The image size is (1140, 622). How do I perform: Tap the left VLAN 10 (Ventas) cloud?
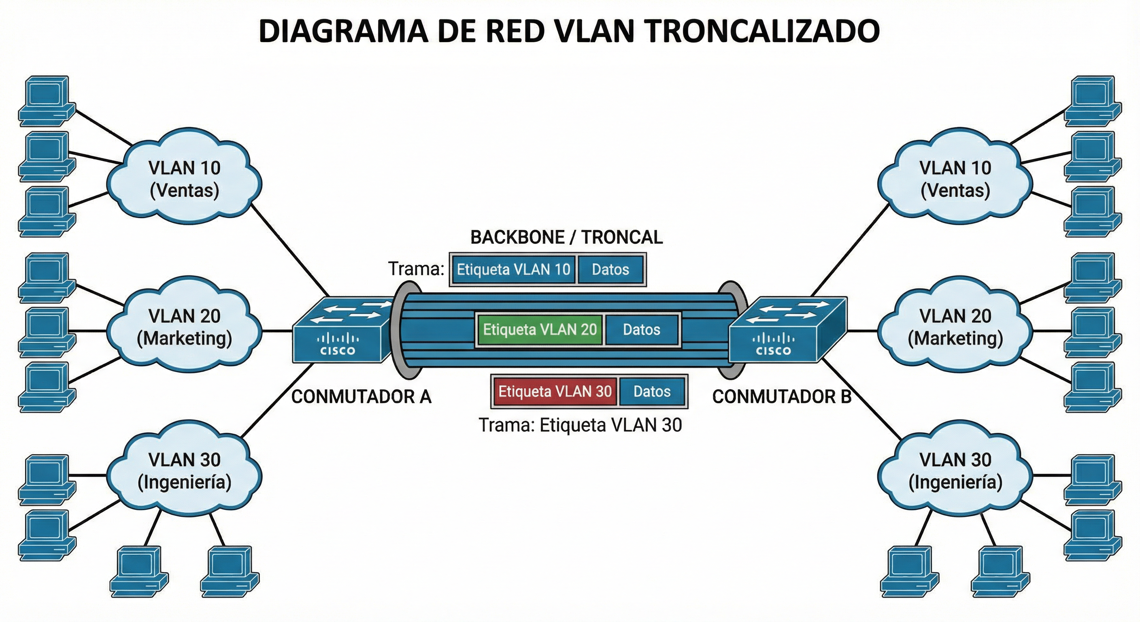tap(184, 179)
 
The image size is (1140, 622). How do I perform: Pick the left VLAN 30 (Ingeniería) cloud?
tap(184, 471)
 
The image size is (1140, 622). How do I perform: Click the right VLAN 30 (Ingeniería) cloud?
tap(955, 471)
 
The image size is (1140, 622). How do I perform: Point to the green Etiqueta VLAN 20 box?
tap(540, 330)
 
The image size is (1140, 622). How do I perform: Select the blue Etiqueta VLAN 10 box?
tap(513, 270)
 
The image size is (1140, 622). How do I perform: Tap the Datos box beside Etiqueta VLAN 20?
tap(641, 330)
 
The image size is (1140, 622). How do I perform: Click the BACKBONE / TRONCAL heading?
tap(566, 238)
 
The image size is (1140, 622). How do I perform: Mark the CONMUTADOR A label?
tap(361, 397)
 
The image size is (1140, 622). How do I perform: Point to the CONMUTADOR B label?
tap(782, 397)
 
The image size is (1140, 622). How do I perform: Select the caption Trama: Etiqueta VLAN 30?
tap(580, 426)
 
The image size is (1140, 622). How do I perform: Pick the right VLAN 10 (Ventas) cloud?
tap(955, 179)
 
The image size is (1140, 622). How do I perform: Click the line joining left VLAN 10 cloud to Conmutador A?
tap(290, 250)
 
